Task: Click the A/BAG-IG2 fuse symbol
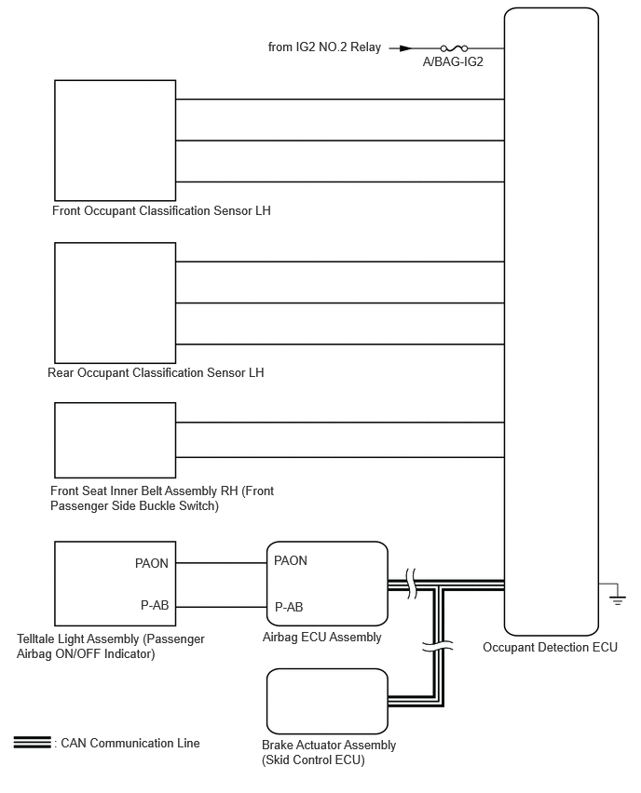(x=453, y=47)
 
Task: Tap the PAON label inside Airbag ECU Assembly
(x=291, y=560)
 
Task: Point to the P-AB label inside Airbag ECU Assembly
(x=289, y=607)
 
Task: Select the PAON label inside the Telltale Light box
(x=152, y=563)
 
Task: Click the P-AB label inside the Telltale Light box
(x=155, y=605)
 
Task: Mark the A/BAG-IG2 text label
(x=454, y=62)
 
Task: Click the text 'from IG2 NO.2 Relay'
(x=323, y=47)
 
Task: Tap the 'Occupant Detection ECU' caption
(x=550, y=647)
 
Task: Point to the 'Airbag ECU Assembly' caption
(x=322, y=638)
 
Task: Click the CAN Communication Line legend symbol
(x=32, y=743)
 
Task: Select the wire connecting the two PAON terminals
(x=221, y=562)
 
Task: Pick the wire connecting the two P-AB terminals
(x=221, y=606)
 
